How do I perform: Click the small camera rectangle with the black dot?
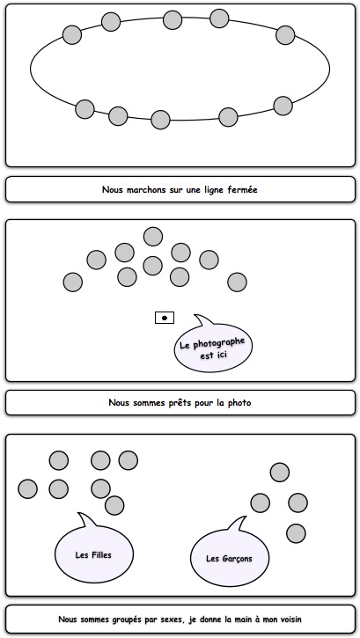click(x=165, y=318)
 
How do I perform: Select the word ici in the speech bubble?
click(x=221, y=354)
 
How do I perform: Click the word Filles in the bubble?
click(x=101, y=554)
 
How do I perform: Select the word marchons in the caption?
click(x=145, y=189)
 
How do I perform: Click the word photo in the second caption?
click(x=239, y=403)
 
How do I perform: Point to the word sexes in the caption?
click(x=174, y=620)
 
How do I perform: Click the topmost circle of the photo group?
click(x=153, y=237)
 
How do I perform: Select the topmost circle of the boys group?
click(x=280, y=473)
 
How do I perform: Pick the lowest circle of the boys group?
click(x=296, y=533)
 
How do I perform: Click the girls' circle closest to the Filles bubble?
click(x=114, y=505)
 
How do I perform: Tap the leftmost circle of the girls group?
click(x=27, y=488)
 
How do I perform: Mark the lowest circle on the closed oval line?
click(x=160, y=120)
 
